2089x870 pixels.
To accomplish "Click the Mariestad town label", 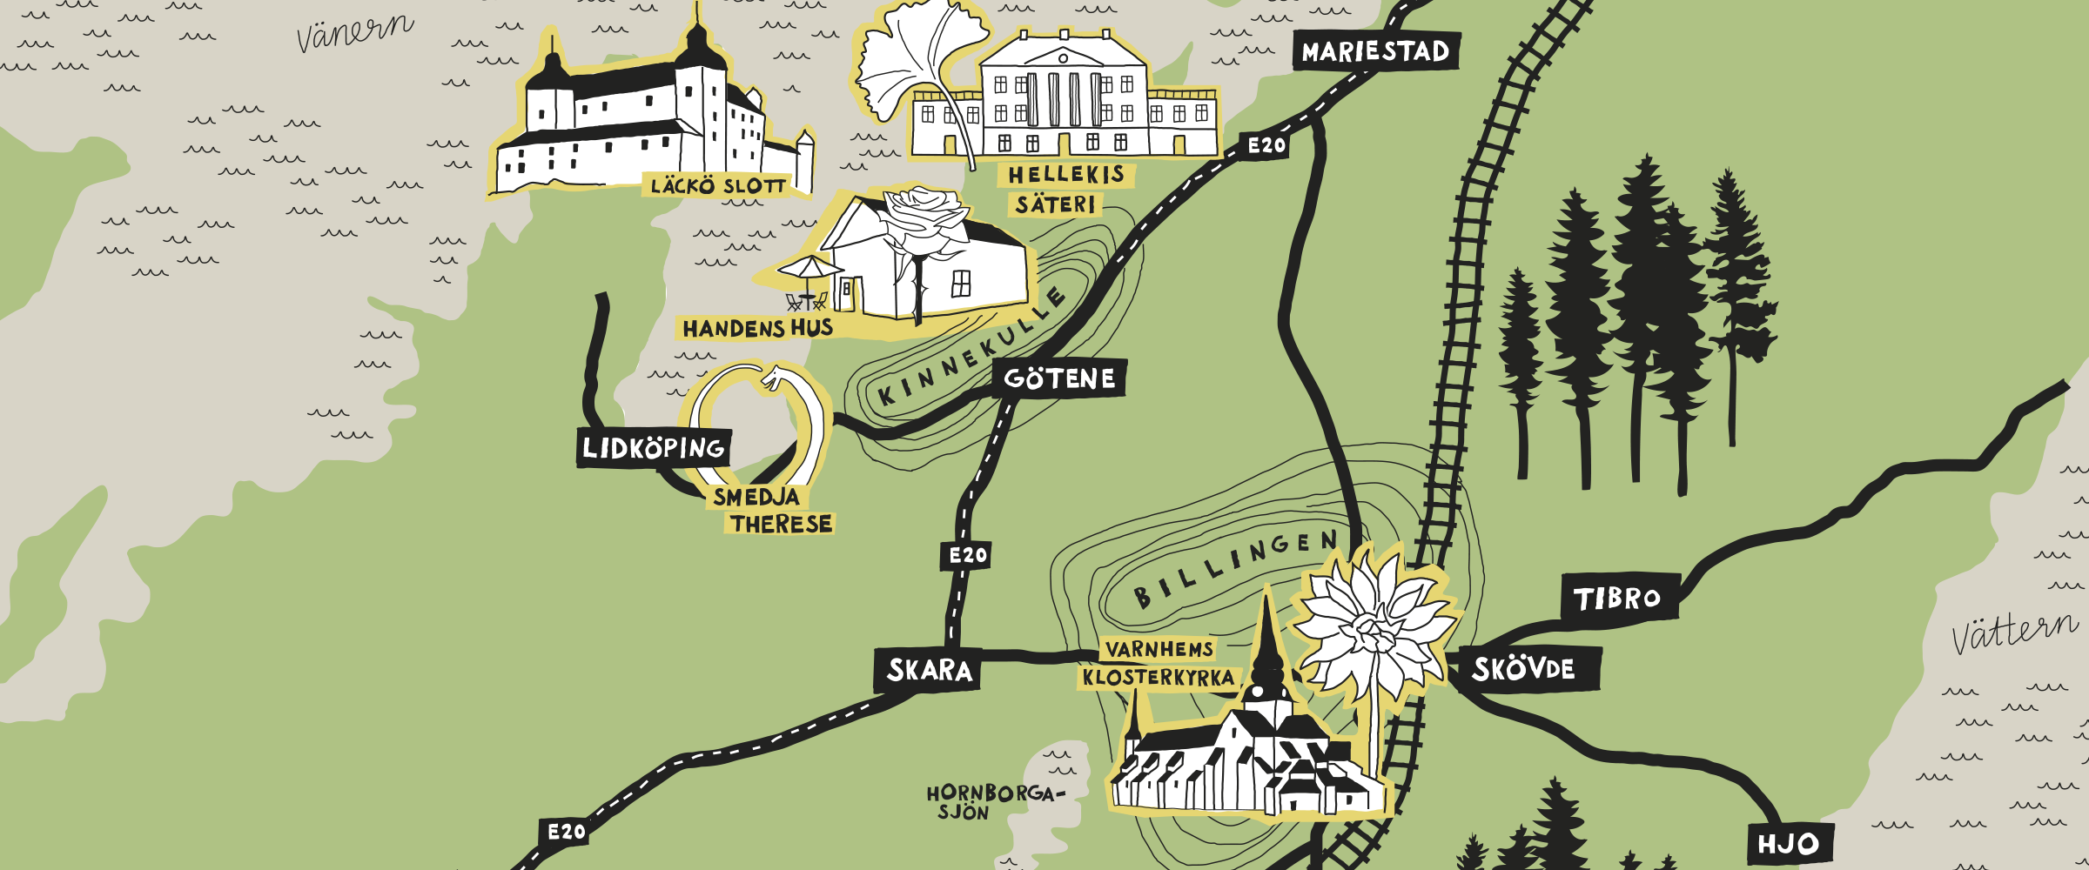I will [1375, 51].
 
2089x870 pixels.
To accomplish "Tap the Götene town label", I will [1059, 378].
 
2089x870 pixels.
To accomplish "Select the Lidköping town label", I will [653, 448].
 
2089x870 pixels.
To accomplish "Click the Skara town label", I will [929, 670].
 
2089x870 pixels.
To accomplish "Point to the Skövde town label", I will [1523, 669].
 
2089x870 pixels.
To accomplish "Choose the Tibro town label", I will [1617, 598].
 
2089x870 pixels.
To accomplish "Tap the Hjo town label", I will [1788, 844].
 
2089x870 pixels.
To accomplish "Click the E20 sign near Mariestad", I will [1266, 145].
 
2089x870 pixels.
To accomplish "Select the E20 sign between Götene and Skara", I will [967, 555].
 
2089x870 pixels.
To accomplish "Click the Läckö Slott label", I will [718, 185].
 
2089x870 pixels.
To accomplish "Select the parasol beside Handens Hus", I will [809, 267].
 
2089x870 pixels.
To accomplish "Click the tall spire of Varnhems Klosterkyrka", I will [1267, 635].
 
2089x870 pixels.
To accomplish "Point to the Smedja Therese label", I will [770, 511].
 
